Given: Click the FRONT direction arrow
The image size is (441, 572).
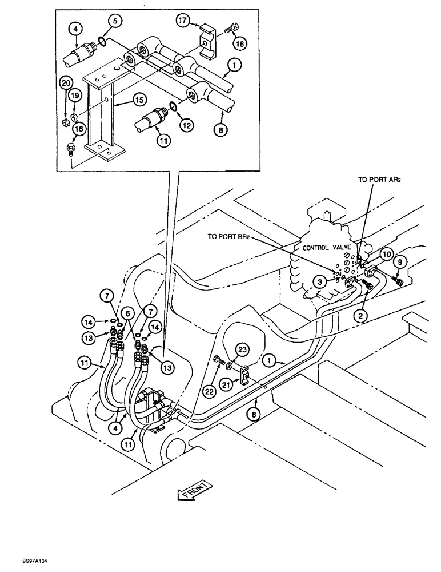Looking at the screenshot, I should click(195, 491).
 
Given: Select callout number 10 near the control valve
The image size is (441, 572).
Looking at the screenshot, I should click(387, 253).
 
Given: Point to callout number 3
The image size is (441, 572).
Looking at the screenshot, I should click(323, 281).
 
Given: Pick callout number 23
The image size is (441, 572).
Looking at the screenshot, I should click(242, 348).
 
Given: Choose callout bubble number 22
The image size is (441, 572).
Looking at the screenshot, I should click(209, 391).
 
